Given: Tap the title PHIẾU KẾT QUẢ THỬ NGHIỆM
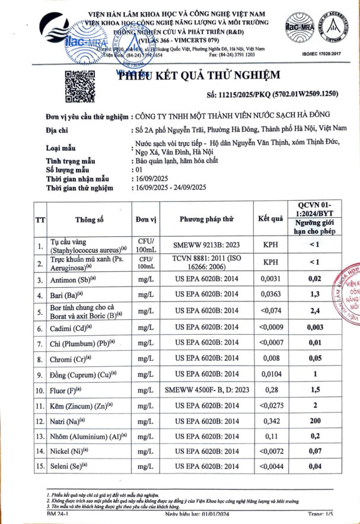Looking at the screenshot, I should click(198, 75).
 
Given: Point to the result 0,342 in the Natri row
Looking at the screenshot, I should click(271, 421).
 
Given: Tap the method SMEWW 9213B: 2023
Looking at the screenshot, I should click(207, 244).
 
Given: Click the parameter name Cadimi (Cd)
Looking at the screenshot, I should click(72, 327).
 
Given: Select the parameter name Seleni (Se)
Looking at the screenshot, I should click(71, 467).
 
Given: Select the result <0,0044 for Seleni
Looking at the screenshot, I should click(271, 467).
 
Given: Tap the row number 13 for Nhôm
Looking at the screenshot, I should click(40, 436).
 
